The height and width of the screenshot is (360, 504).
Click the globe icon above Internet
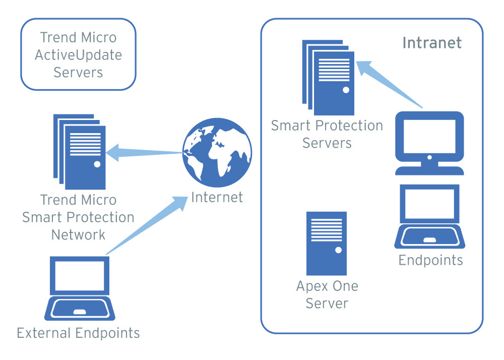217,152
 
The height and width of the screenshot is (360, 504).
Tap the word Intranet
431,42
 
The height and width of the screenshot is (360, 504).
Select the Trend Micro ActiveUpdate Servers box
78,54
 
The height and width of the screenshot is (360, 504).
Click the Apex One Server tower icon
327,243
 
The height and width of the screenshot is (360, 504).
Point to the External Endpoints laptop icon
80,288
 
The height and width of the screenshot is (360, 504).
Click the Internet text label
217,197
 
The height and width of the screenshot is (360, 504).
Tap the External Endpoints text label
78,333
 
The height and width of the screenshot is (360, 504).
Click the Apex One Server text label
327,294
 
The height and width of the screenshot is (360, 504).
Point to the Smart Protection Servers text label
327,134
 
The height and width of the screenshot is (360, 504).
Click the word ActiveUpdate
78,54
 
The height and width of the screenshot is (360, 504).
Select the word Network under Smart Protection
79,234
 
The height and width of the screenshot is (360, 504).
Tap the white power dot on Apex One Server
338,250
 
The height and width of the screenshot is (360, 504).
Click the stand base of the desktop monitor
429,170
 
